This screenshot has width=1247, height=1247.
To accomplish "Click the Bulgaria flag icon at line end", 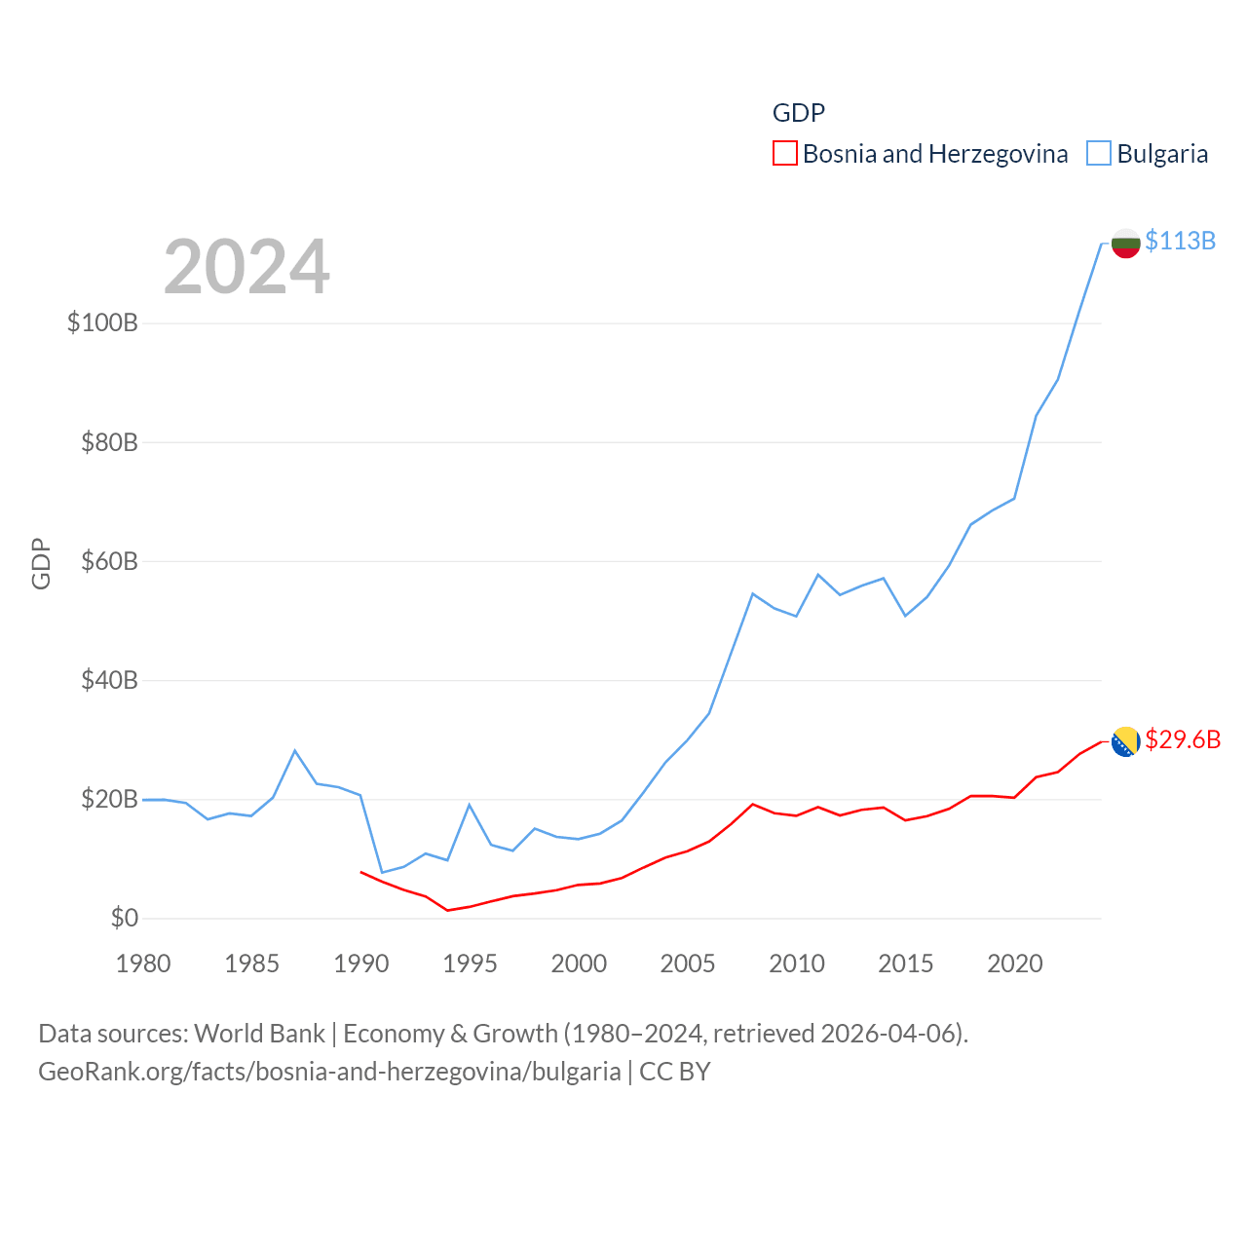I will click(x=1125, y=243).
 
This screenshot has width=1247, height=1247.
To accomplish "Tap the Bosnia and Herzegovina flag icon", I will click(x=1125, y=741).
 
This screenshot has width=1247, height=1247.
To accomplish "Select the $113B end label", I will click(x=1180, y=241).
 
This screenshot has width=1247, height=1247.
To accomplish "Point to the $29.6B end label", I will click(x=1183, y=739).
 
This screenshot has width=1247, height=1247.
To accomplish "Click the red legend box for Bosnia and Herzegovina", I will click(x=784, y=154).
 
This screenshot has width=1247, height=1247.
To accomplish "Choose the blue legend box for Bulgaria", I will click(x=1098, y=154).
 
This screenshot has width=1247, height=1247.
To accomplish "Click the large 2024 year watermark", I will click(x=246, y=267).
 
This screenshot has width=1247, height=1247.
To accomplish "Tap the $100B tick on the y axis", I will click(x=102, y=322).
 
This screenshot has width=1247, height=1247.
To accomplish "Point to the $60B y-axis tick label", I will click(x=109, y=561).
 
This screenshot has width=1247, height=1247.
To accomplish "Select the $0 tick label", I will click(x=125, y=918).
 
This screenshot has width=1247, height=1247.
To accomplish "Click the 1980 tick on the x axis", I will click(x=143, y=964).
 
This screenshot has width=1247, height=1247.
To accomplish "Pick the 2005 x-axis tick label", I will click(x=688, y=964).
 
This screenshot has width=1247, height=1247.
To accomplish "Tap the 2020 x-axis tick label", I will click(x=1014, y=964).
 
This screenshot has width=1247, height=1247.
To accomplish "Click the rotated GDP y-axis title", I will click(x=41, y=563).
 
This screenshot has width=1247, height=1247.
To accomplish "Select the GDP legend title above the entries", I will click(x=798, y=113).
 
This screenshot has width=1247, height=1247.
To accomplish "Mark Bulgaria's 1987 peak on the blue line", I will click(x=295, y=750).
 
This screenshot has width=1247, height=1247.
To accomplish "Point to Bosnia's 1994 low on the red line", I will click(x=447, y=910).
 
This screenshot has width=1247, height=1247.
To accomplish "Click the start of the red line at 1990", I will click(x=360, y=872).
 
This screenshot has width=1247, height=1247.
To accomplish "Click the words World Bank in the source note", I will click(x=259, y=1033).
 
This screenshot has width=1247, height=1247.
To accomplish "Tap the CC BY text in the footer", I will click(x=674, y=1072).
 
